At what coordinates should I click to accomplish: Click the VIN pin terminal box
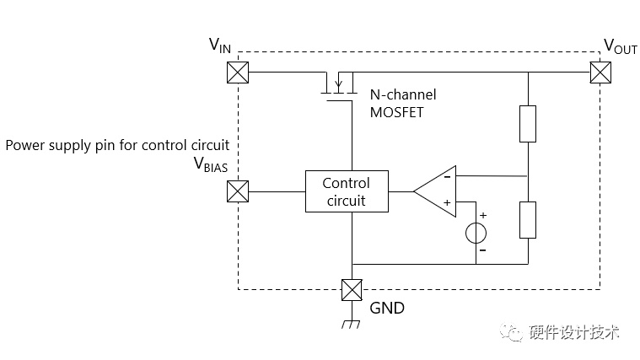[x=238, y=73]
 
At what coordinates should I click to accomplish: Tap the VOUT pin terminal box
[x=600, y=73]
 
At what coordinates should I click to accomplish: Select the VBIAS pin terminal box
[x=238, y=191]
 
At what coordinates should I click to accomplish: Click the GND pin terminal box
[x=352, y=290]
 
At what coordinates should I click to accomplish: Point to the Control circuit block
[x=347, y=191]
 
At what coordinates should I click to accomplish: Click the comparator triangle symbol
[x=435, y=191]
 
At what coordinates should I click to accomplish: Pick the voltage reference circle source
[x=476, y=233]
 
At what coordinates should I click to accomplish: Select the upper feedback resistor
[x=528, y=124]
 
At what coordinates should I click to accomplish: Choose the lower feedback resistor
[x=528, y=220]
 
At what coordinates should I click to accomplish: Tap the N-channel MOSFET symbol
[x=339, y=87]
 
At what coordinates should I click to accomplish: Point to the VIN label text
[x=219, y=46]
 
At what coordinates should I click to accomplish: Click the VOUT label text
[x=621, y=46]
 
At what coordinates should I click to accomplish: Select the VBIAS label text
[x=211, y=164]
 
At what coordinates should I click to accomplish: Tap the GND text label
[x=387, y=309]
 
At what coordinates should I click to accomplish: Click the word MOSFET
[x=397, y=112]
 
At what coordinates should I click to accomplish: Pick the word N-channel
[x=403, y=94]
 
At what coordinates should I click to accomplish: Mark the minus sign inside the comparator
[x=448, y=177]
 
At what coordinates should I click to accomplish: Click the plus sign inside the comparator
[x=448, y=202]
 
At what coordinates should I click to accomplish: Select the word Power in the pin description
[x=25, y=145]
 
